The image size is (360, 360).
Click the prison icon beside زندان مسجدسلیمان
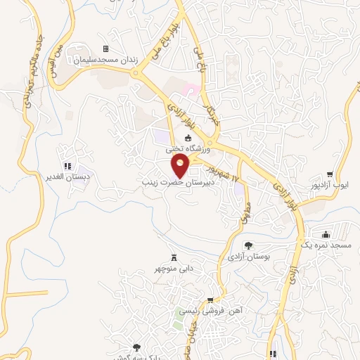point(105,49)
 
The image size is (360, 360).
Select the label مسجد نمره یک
point(326,245)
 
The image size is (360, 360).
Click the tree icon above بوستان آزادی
point(248,245)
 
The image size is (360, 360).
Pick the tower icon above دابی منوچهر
point(174,257)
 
